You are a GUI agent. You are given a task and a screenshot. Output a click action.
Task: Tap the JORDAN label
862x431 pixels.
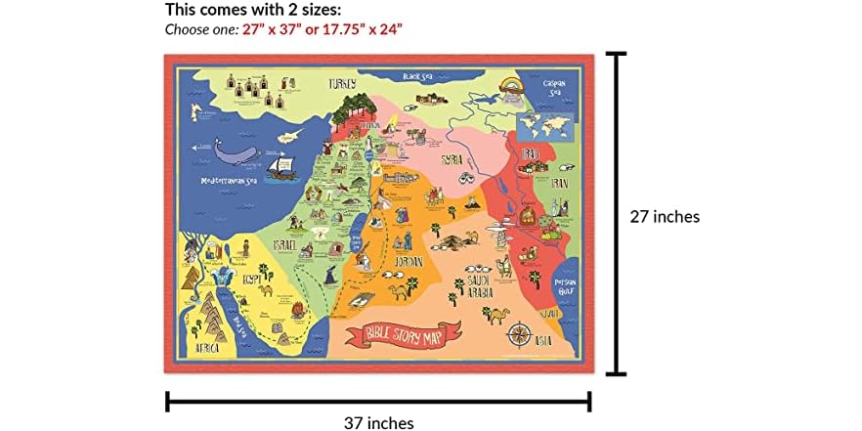409,262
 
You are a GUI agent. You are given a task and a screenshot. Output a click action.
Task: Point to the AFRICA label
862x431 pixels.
207,347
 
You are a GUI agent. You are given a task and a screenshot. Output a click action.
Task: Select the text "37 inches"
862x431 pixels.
378,422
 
